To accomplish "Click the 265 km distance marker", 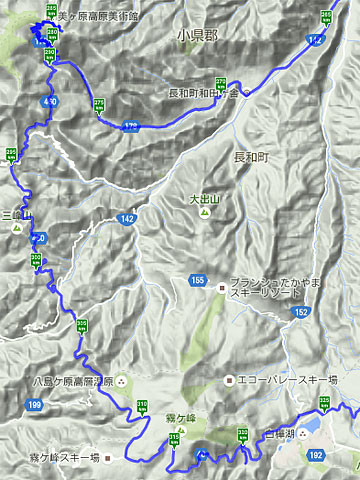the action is pos(325,17).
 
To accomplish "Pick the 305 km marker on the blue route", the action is pos(82,326).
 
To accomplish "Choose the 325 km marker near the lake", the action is pos(324,403).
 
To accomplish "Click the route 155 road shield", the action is pos(198,281).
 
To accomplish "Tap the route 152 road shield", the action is pos(302,313).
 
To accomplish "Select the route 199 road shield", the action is pos(35,404).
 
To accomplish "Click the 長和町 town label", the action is pos(252,157).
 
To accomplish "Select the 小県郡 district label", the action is pos(197,35).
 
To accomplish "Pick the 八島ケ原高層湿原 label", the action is pos(60,381).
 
